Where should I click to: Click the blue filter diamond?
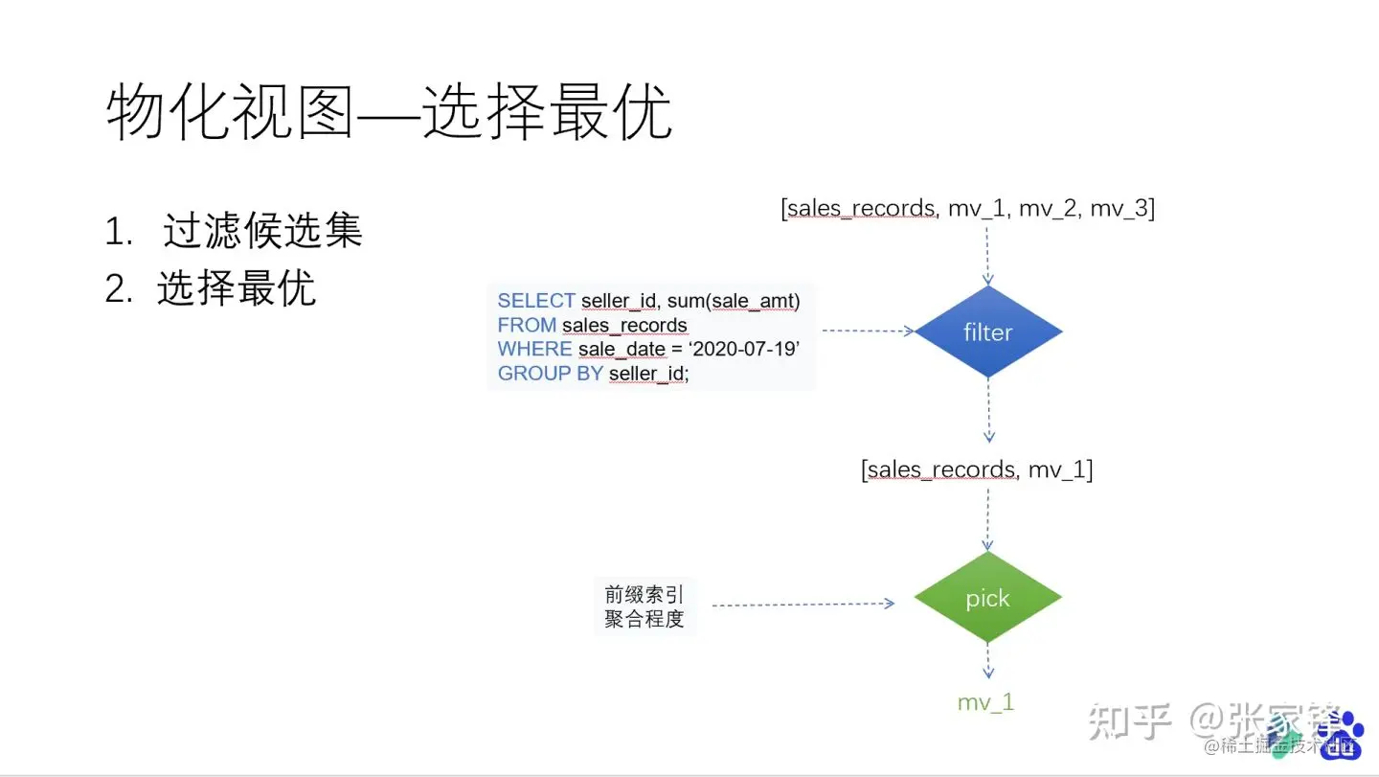pyautogui.click(x=988, y=331)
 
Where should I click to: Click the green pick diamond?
pyautogui.click(x=987, y=598)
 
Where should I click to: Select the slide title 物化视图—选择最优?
pyautogui.click(x=389, y=113)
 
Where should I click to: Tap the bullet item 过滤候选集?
pyautogui.click(x=262, y=232)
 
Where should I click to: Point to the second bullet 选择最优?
pyautogui.click(x=237, y=287)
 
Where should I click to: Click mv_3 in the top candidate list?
pyautogui.click(x=1122, y=209)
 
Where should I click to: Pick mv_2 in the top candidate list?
pyautogui.click(x=1051, y=209)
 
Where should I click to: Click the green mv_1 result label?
pyautogui.click(x=985, y=702)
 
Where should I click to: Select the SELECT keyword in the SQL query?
pyautogui.click(x=536, y=301)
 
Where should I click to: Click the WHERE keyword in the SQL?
pyautogui.click(x=534, y=350)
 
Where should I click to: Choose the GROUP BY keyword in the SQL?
pyautogui.click(x=550, y=374)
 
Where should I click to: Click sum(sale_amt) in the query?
pyautogui.click(x=733, y=301)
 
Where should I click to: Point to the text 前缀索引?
pyautogui.click(x=644, y=593)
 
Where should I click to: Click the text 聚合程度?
pyautogui.click(x=644, y=619)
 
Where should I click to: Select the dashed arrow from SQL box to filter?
pyautogui.click(x=868, y=331)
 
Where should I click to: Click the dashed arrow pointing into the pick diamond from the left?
pyautogui.click(x=803, y=605)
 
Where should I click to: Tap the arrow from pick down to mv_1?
pyautogui.click(x=988, y=661)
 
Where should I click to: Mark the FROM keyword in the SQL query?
pyautogui.click(x=527, y=326)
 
